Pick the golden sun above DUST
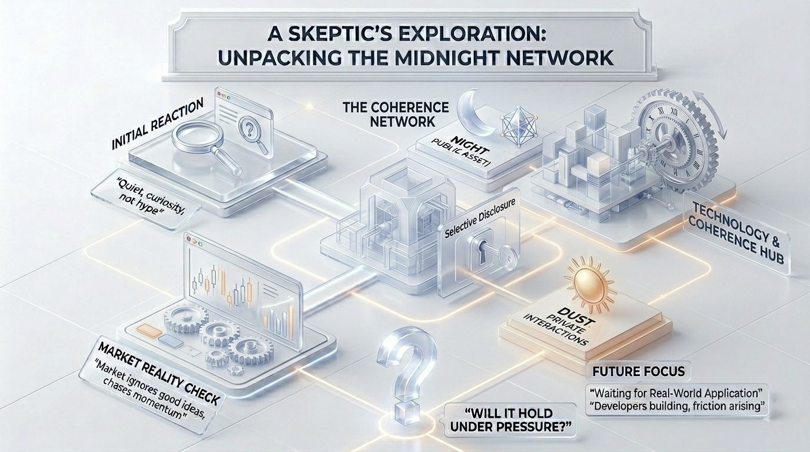tap(580, 277)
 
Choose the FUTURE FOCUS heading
tap(638, 372)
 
